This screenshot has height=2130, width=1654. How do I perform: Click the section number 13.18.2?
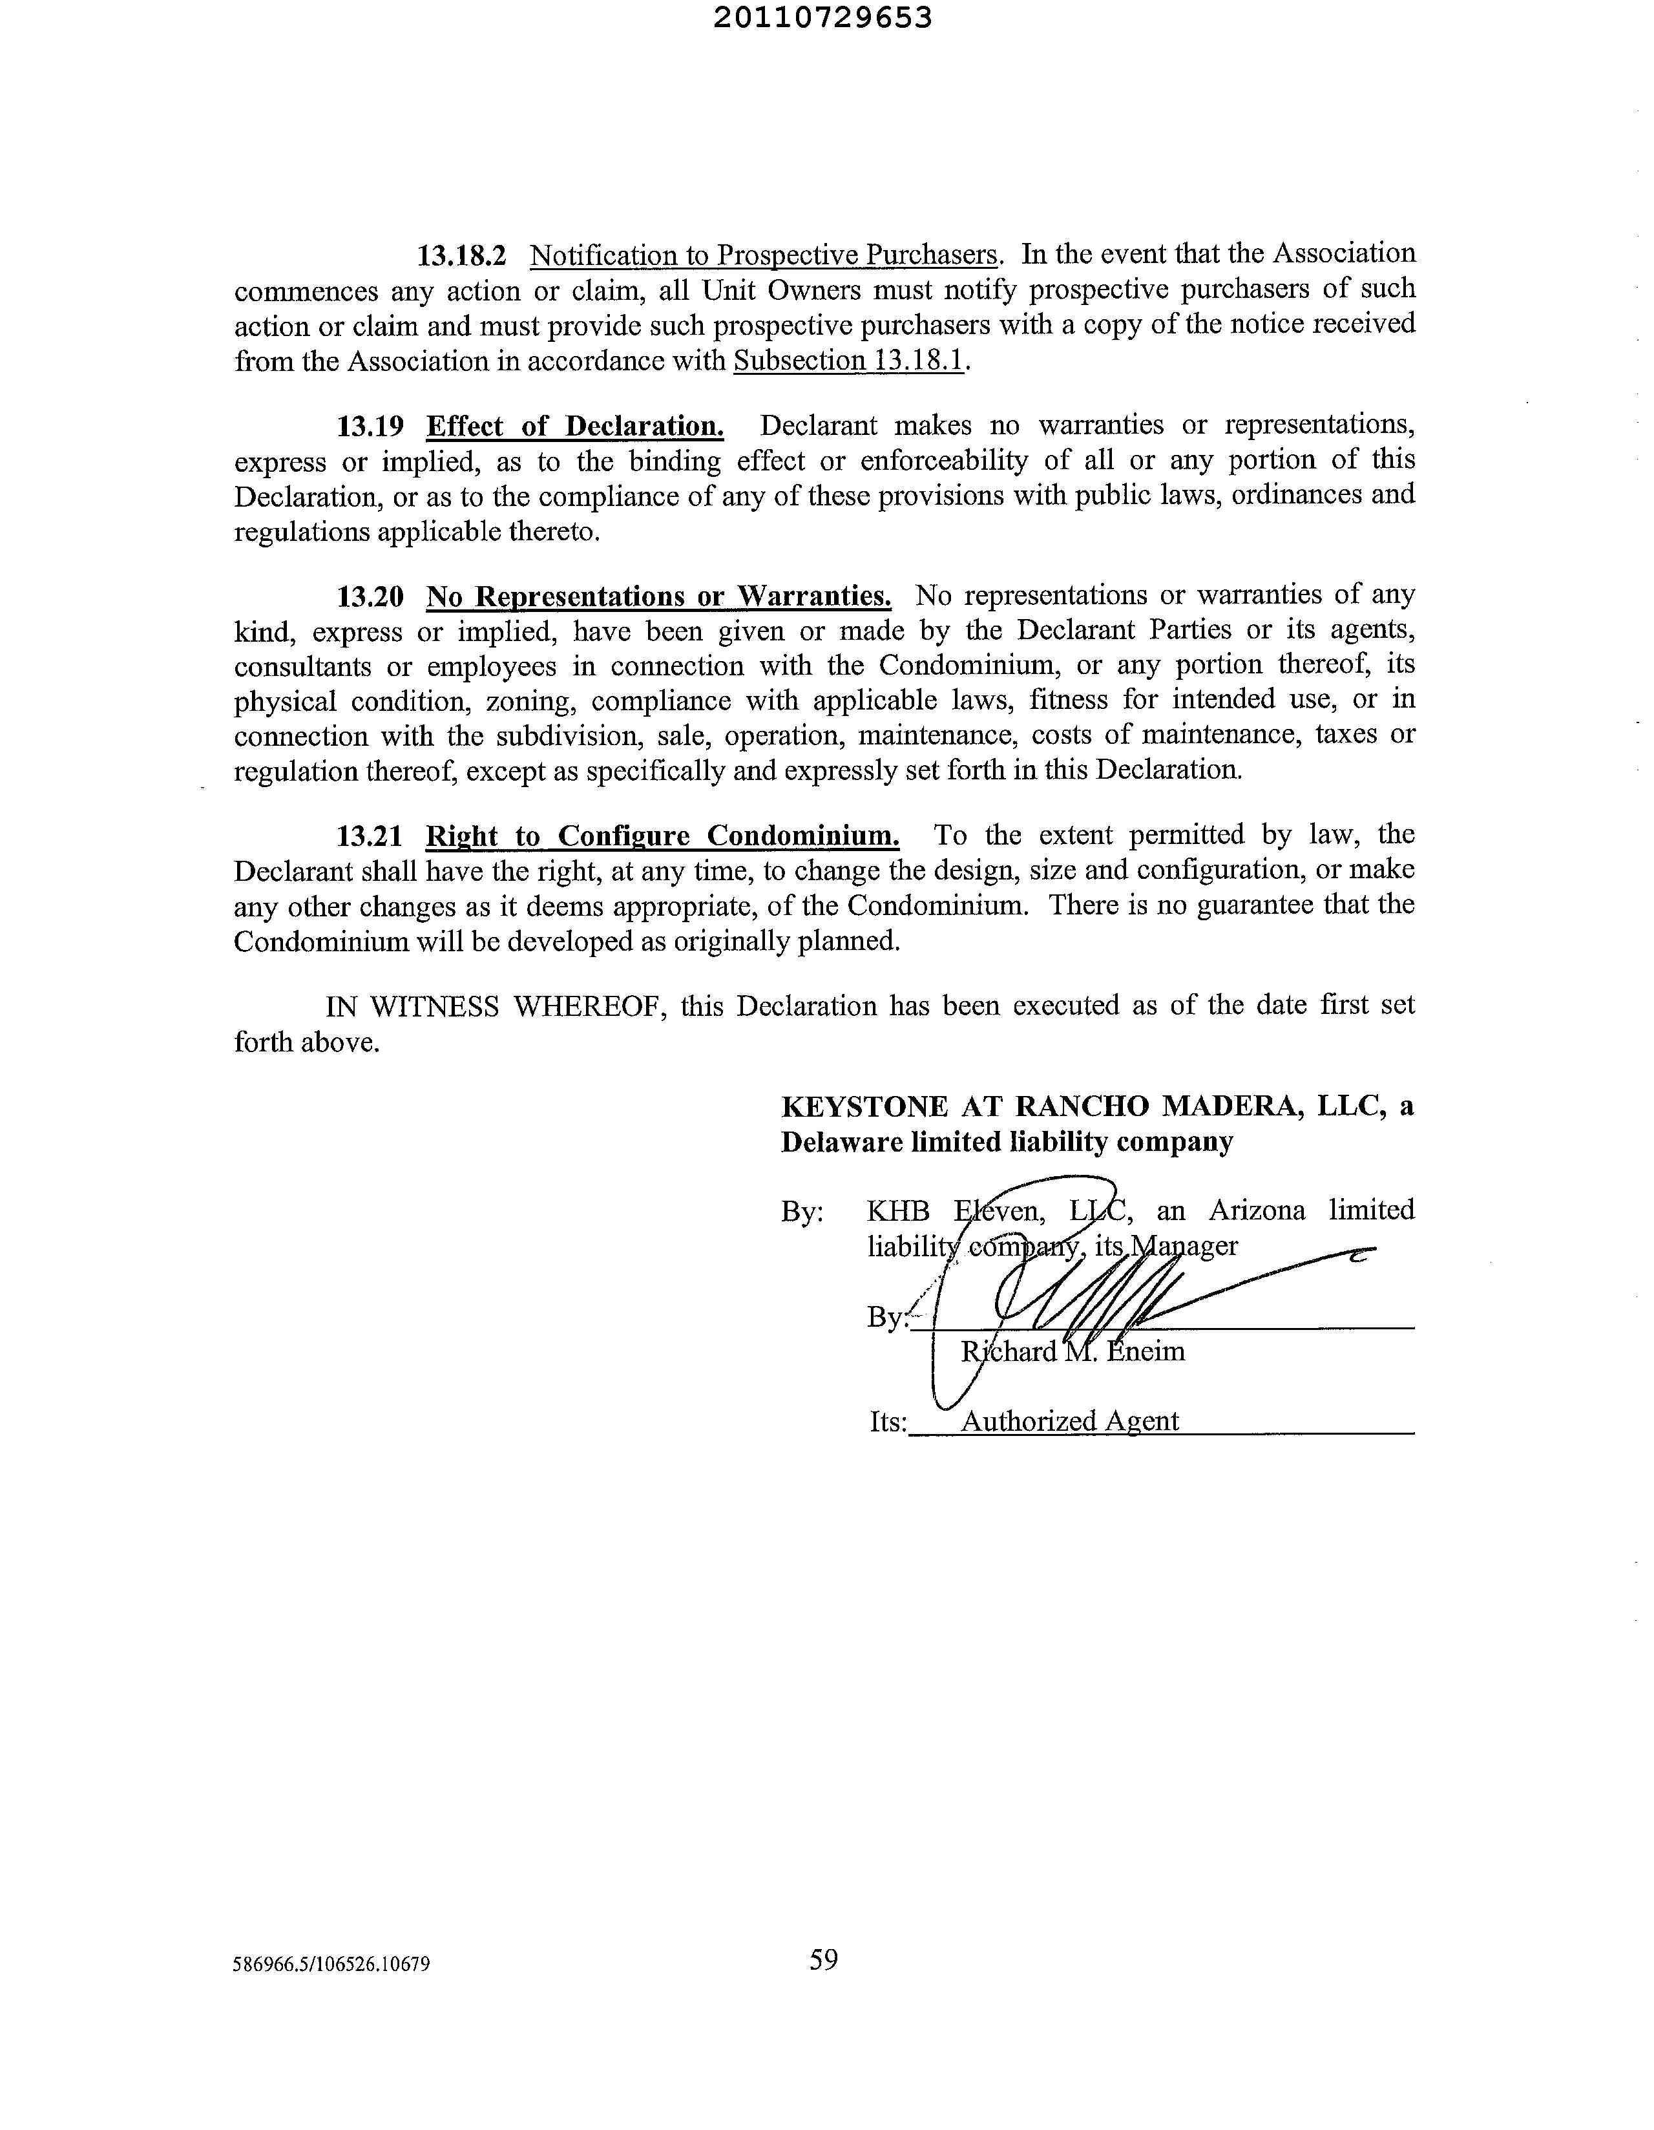coord(462,255)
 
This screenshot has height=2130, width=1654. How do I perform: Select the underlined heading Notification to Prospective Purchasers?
coord(764,255)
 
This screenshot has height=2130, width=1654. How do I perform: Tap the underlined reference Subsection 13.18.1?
coord(848,361)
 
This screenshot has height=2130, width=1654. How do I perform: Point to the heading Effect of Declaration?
coord(574,427)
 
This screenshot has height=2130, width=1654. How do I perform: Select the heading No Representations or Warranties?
coord(658,596)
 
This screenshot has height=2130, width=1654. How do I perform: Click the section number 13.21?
coord(370,836)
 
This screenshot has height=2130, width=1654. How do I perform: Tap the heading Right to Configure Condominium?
coord(662,836)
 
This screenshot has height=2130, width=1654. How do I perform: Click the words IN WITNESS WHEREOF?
coord(496,1006)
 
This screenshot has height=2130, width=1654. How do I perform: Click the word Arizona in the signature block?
coord(1256,1210)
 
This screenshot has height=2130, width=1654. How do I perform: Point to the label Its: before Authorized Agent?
coord(888,1422)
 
